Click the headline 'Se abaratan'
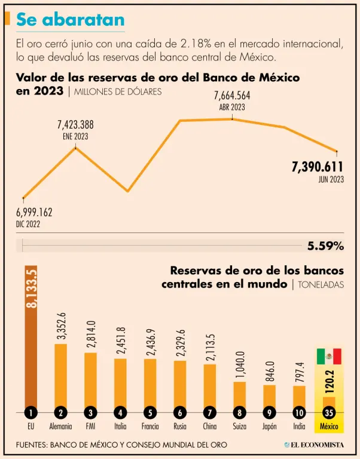71,19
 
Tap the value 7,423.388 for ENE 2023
75,125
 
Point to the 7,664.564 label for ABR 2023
232,96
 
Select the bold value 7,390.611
318,167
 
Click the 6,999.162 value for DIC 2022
33,212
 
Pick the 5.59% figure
325,246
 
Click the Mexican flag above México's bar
329,356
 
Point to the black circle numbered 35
329,412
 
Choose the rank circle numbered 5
150,412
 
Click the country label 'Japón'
269,427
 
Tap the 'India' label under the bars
299,427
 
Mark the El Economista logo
313,445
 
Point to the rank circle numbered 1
30,412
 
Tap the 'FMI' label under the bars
90,427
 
